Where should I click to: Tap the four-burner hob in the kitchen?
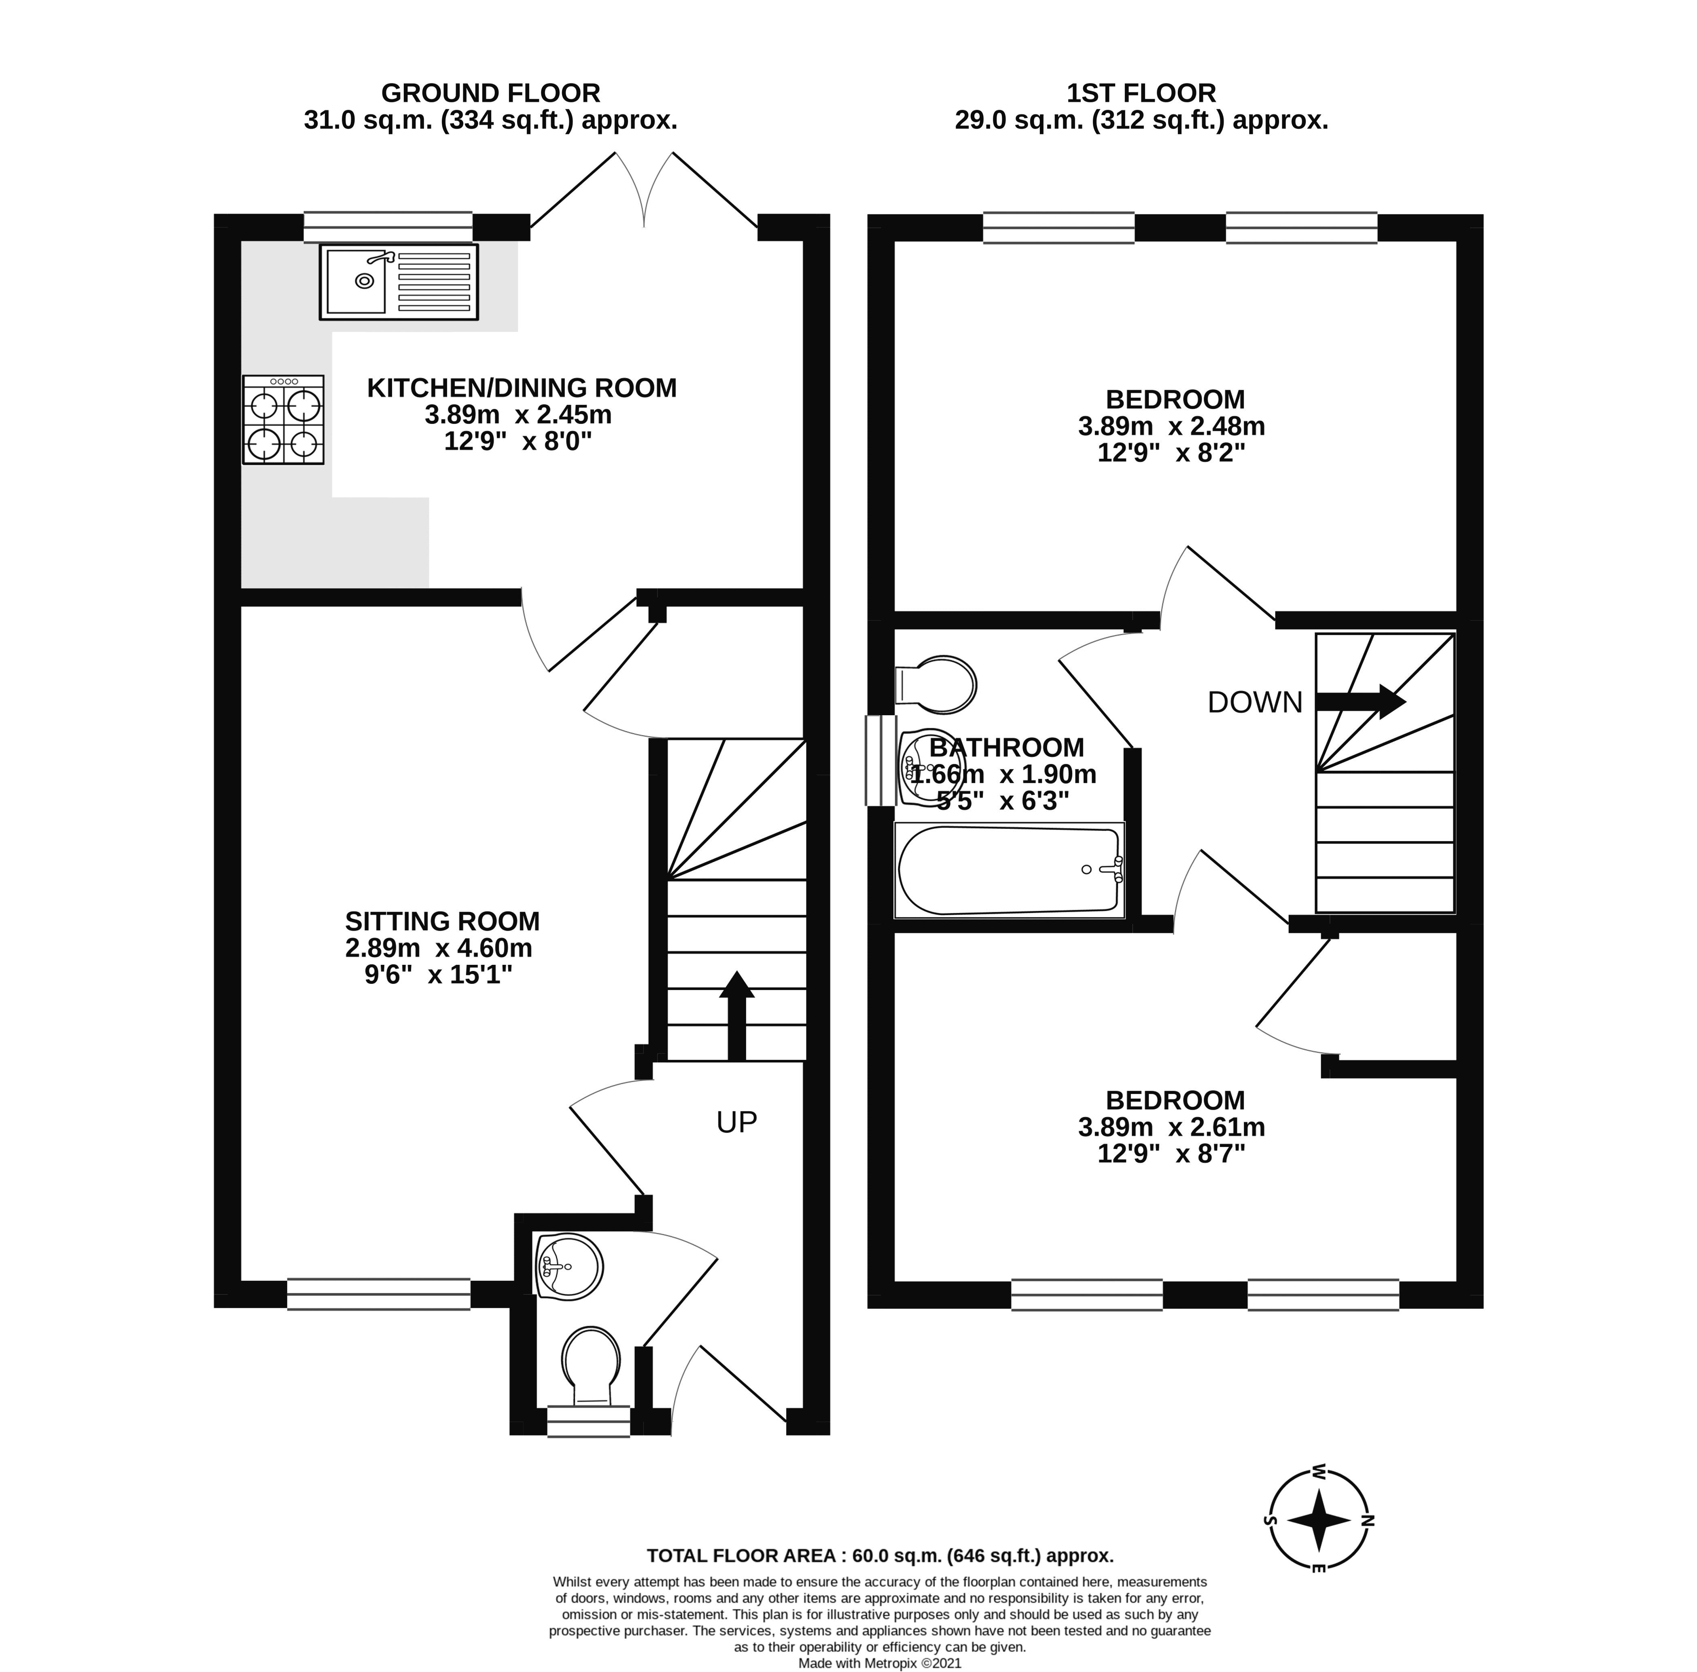(283, 420)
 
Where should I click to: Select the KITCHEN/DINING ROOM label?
(522, 387)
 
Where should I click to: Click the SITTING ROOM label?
(442, 921)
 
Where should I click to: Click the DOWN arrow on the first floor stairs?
(1361, 701)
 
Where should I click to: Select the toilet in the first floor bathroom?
(936, 684)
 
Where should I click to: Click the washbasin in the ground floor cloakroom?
(568, 1265)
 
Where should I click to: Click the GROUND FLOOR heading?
(490, 93)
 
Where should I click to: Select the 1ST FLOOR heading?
(1141, 93)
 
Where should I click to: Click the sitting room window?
(379, 1295)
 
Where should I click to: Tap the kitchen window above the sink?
(387, 227)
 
